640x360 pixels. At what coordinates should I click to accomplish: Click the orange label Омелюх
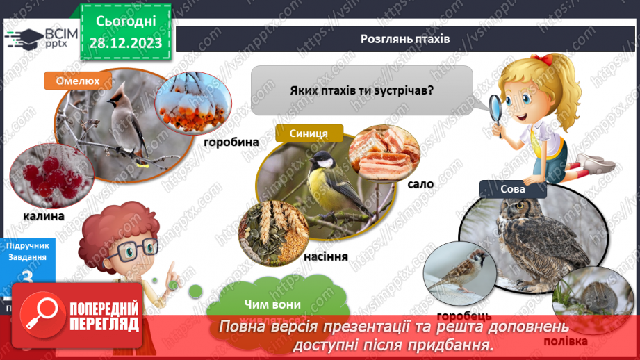click(78, 81)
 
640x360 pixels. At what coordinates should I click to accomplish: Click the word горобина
click(231, 142)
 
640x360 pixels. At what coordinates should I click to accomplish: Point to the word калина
click(43, 215)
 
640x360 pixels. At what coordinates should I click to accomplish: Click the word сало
click(421, 184)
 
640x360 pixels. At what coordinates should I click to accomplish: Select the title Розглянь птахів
click(405, 39)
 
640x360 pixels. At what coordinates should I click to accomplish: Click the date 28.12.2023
click(126, 43)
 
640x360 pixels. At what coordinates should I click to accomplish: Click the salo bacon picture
click(384, 154)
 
